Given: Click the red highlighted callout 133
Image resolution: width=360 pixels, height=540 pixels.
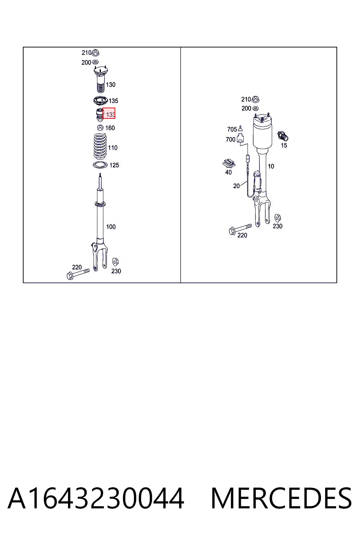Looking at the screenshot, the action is pos(109,113).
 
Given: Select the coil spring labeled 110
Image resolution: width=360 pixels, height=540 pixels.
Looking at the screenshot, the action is pos(100,147).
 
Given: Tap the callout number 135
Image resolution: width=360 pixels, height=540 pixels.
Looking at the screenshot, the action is pos(113,101).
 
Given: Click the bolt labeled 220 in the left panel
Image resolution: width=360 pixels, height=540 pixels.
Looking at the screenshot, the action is pos(78,274).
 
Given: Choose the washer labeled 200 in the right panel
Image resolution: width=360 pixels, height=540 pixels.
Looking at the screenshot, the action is pos(256,108).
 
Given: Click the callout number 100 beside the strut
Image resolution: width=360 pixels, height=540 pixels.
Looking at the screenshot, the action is pos(111,227).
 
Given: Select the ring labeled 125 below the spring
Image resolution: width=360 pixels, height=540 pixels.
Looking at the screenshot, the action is pos(100,165).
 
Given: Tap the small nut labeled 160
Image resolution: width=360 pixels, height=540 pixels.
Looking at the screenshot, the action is pos(100,128).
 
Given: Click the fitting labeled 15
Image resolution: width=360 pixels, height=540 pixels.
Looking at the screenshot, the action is pos(283,136).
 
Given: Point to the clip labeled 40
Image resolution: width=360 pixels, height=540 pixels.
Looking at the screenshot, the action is pos(229,163).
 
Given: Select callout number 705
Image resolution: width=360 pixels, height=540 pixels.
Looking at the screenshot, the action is pos(232,129).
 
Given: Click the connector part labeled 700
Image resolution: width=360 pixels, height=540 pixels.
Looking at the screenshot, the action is pos(240,139).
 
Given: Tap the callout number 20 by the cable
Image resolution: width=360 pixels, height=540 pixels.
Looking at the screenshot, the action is pos(236,186).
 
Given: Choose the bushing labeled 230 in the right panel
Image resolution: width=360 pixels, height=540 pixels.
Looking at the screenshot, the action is pos(277,218).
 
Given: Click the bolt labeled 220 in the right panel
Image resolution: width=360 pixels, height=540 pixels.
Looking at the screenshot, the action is pos(240,229).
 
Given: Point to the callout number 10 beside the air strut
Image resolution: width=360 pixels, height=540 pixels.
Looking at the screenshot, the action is pos(271,166).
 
